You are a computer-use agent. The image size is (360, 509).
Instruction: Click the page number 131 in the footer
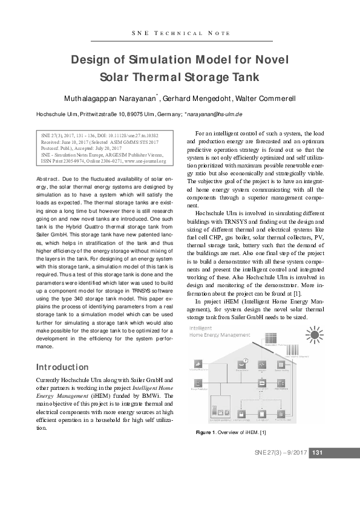(x=319, y=453)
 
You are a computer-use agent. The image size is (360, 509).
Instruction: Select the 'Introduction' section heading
(x=63, y=367)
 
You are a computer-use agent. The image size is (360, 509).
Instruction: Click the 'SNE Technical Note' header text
(x=180, y=33)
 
